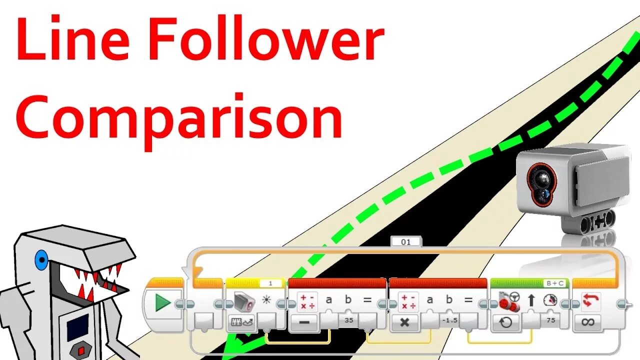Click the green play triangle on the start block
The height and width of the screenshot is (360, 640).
click(162, 303)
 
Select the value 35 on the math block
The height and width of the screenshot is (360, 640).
click(349, 320)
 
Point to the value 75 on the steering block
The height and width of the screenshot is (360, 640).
click(550, 320)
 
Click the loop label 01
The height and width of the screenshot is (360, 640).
click(405, 242)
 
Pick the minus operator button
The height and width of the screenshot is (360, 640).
click(304, 322)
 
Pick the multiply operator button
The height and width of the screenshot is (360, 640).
click(405, 322)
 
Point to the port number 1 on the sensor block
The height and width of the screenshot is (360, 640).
click(270, 283)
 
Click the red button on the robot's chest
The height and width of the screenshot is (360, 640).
click(78, 348)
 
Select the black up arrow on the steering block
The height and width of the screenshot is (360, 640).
click(531, 300)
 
